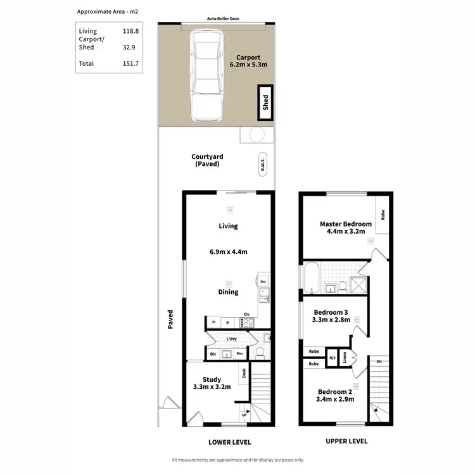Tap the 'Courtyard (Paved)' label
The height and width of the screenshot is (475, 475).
207,160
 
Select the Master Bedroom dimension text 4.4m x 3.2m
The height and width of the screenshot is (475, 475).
345,232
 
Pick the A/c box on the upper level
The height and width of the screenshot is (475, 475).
332,358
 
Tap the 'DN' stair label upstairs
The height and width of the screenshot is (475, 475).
379,362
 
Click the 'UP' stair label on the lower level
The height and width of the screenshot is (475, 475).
244,415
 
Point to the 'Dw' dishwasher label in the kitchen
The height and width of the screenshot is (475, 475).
263,281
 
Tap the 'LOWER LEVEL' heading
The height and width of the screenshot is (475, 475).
229,441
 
